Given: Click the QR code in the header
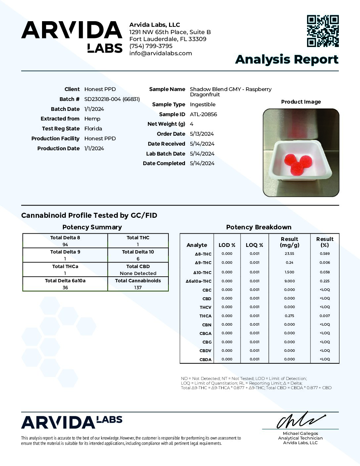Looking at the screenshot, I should click(x=323, y=31).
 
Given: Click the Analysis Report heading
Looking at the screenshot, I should click(x=287, y=60).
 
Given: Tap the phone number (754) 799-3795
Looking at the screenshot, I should click(x=151, y=46).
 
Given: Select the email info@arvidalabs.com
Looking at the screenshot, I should click(x=160, y=53).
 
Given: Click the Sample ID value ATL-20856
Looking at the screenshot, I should click(x=203, y=114).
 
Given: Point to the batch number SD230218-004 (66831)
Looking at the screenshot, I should click(x=112, y=99).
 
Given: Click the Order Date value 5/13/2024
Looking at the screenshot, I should click(x=202, y=134).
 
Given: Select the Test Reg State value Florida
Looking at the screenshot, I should click(x=93, y=128).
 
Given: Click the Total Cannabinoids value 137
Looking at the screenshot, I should click(x=138, y=288).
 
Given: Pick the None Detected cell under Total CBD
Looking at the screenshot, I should click(x=138, y=273).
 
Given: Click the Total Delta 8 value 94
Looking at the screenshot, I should click(x=65, y=245).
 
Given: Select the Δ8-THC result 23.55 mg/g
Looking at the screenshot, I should click(x=289, y=254).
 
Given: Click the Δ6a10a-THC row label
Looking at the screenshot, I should click(x=199, y=281).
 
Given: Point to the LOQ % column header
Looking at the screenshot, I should click(x=254, y=245).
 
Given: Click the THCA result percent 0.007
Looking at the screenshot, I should click(x=325, y=316).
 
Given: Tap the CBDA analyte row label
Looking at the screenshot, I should click(x=205, y=359).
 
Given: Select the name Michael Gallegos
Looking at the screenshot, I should click(x=300, y=433).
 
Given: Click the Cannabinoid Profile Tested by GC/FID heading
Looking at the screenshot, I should click(x=89, y=215).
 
